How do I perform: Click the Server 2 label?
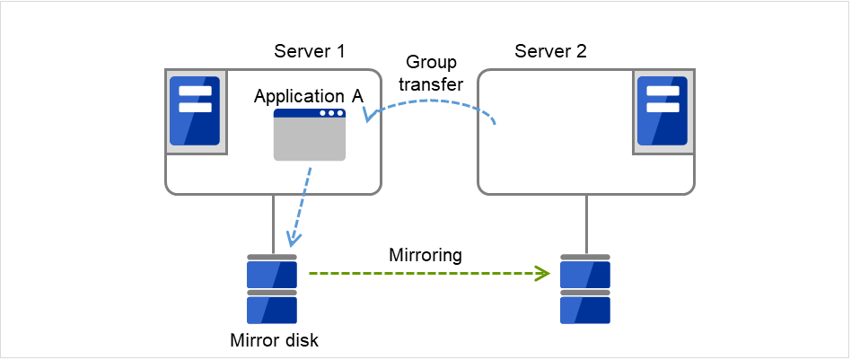[550, 51]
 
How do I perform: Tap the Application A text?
[308, 95]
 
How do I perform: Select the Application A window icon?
[310, 135]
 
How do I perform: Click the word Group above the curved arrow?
[431, 63]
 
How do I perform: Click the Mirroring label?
[425, 255]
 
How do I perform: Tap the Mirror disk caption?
[274, 340]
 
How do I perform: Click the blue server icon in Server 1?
[195, 110]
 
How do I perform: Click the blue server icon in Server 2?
[661, 110]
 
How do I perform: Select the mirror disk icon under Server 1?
[271, 290]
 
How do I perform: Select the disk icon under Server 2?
[585, 290]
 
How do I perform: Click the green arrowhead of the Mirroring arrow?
[543, 273]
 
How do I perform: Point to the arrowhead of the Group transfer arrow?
[368, 114]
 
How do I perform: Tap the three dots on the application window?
[331, 113]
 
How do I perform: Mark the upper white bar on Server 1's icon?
[195, 91]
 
